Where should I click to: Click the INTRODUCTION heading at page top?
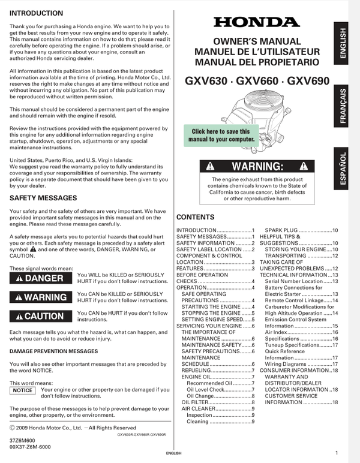coord(36,13)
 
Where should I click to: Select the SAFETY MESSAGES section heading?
coord(43,197)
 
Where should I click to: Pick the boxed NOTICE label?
coord(23,390)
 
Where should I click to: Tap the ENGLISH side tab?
coord(343,43)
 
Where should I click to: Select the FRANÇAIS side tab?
coord(343,106)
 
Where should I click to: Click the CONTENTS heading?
coord(195,217)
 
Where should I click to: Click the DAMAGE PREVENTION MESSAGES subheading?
coord(53,351)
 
